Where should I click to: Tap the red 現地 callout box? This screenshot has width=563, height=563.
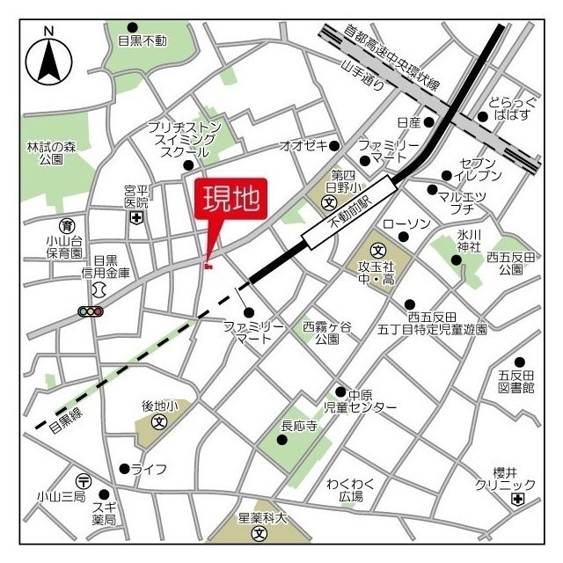[x=232, y=201]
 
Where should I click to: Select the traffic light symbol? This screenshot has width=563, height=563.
[x=91, y=311]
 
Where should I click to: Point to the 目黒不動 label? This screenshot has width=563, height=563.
[x=142, y=40]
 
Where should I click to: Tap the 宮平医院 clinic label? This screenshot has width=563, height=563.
[x=135, y=195]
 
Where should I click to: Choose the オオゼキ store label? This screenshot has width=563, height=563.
[x=303, y=144]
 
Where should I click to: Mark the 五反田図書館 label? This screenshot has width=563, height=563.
[x=516, y=380]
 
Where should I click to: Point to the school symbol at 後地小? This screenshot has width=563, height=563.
[x=160, y=421]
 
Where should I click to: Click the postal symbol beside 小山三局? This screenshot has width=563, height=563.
[x=83, y=480]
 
